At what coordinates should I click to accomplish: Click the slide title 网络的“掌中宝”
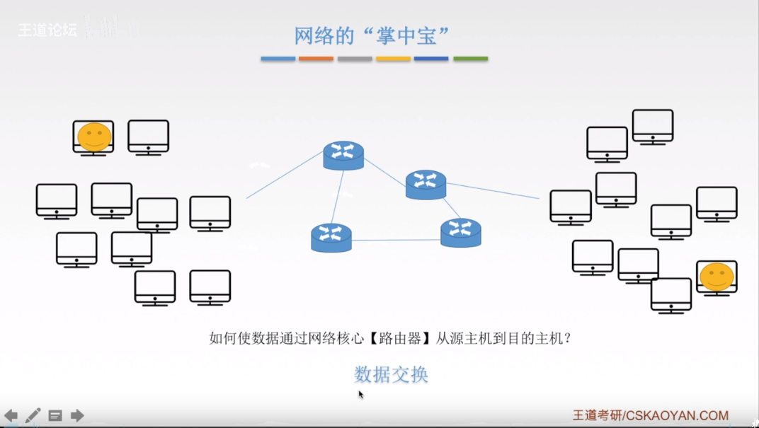[x=372, y=35]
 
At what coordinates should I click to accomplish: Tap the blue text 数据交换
[x=391, y=374]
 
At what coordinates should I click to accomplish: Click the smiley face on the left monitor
[x=94, y=137]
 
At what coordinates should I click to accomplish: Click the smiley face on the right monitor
[x=716, y=276]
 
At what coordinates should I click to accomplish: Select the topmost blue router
[x=343, y=155]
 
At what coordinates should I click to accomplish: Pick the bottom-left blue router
[x=331, y=238]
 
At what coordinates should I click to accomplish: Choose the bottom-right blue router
[x=460, y=232]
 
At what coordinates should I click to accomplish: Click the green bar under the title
[x=470, y=59]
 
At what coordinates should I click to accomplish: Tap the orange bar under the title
[x=316, y=59]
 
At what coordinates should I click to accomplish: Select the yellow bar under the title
[x=393, y=59]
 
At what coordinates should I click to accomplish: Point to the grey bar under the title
[x=355, y=59]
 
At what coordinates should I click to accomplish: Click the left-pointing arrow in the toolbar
[x=11, y=415]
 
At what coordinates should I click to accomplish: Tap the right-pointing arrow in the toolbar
[x=77, y=415]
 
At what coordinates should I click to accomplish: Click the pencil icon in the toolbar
[x=33, y=415]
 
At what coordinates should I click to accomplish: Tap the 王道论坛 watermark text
[x=47, y=30]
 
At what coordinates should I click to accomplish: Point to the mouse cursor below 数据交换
[x=360, y=394]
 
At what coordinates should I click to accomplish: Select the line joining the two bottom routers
[x=396, y=241]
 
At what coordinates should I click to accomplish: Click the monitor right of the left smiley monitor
[x=148, y=137]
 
